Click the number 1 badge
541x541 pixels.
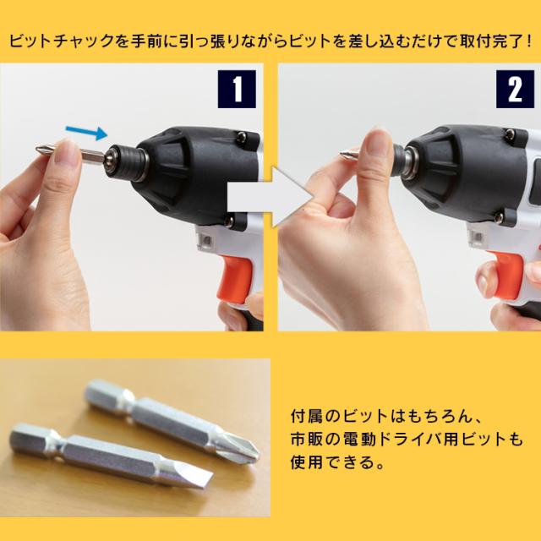tap(237, 89)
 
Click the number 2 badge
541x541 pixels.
tap(515, 89)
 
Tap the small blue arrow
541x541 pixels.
tap(86, 132)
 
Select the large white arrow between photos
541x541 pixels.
tap(271, 198)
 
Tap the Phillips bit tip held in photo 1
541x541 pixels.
tap(44, 149)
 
